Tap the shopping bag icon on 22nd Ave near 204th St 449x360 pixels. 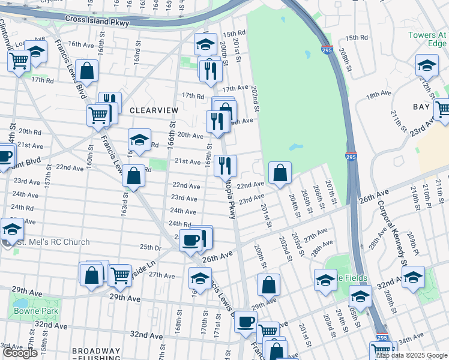click(x=280, y=174)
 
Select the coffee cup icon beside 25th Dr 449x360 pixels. click(x=191, y=241)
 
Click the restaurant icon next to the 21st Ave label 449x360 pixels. click(x=225, y=165)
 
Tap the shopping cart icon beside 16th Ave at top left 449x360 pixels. click(x=19, y=60)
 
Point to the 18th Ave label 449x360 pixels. click(x=379, y=94)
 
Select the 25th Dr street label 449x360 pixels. click(x=150, y=247)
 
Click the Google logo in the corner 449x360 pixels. click(x=20, y=353)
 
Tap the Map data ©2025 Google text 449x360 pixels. click(x=412, y=355)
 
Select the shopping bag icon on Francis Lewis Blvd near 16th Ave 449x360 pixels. click(x=87, y=71)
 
